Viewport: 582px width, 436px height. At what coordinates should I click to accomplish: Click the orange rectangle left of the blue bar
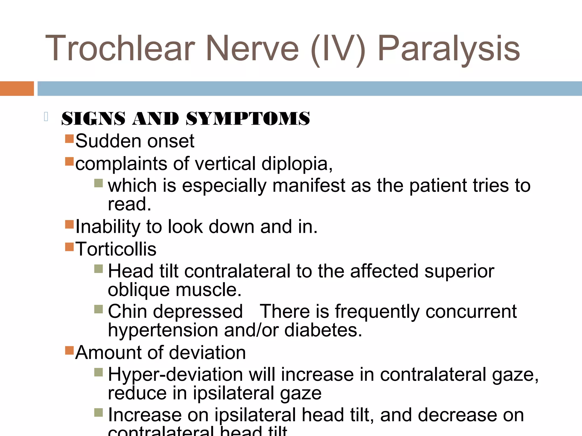(x=17, y=89)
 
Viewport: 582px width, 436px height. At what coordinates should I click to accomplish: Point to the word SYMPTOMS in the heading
(x=248, y=118)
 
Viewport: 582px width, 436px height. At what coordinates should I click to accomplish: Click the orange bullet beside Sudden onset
(x=69, y=139)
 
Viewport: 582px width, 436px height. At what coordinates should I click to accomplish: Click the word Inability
(x=108, y=227)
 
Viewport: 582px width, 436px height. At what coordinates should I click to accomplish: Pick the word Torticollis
(x=116, y=249)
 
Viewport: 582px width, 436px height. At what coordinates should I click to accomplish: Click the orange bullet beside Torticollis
(x=69, y=247)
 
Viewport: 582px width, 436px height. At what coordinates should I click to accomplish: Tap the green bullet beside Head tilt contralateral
(x=98, y=269)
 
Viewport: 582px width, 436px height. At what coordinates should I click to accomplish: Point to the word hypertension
(x=163, y=330)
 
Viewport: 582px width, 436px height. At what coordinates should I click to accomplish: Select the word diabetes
(x=323, y=330)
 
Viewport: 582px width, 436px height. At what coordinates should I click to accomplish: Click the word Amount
(x=108, y=353)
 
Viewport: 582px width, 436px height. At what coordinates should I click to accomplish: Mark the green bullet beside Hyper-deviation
(x=98, y=372)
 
